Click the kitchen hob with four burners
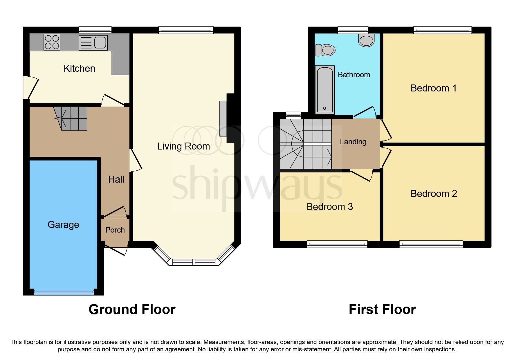(52, 42)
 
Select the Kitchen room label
(79, 69)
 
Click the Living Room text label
(183, 146)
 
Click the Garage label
(63, 225)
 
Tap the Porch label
(115, 230)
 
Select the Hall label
(116, 179)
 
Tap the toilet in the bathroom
(325, 50)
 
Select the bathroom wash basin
(367, 40)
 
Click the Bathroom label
(354, 75)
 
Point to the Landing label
(353, 142)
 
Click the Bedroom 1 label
(433, 88)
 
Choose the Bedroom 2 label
(434, 194)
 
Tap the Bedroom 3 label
(329, 207)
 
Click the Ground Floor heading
(132, 309)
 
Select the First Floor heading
(382, 309)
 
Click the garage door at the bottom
(64, 292)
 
